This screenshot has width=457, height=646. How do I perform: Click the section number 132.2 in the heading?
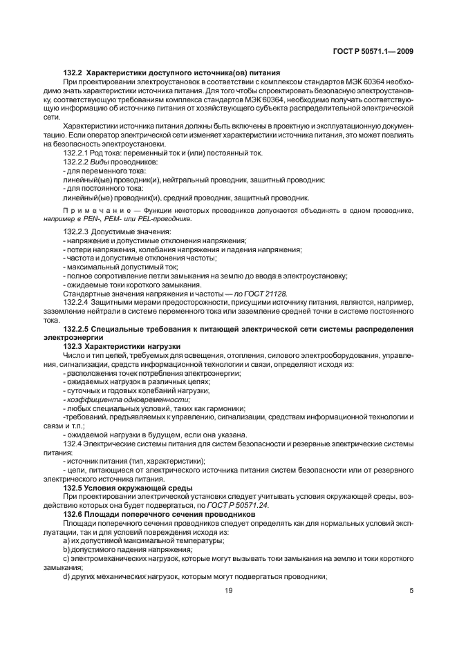tap(74, 74)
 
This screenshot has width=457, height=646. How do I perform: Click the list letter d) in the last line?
tap(66, 576)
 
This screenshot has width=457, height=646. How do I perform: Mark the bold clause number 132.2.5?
tap(77, 328)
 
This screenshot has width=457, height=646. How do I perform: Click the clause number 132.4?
tap(73, 444)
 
